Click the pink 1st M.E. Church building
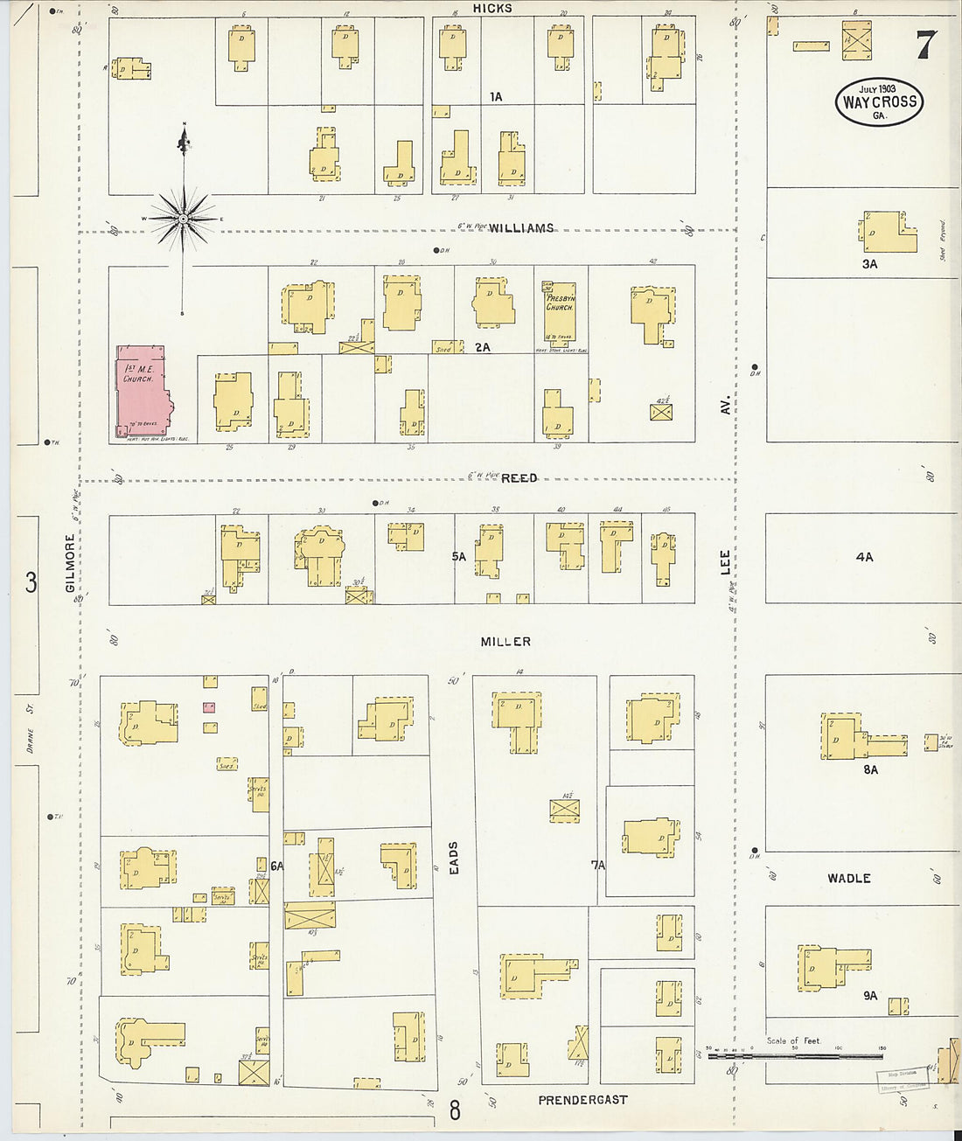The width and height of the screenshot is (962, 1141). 142,392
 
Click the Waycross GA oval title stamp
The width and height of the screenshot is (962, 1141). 879,101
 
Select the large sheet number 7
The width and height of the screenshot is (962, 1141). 926,45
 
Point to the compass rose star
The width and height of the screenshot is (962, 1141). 184,216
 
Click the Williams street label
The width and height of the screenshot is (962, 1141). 521,228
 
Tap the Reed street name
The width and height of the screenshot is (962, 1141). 519,478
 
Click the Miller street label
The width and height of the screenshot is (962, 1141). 505,642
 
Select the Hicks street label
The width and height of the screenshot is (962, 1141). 492,8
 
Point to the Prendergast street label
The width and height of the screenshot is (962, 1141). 582,1100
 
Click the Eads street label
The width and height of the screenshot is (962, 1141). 453,858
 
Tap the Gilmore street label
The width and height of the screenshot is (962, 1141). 71,563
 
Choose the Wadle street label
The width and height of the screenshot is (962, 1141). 848,878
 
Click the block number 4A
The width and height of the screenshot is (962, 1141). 864,557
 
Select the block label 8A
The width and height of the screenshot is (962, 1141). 870,769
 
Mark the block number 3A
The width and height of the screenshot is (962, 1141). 869,263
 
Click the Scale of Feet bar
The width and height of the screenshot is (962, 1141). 796,1055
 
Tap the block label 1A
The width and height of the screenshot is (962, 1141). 496,97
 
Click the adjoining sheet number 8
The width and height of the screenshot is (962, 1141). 455,1110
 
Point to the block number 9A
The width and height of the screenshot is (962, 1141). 870,995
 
